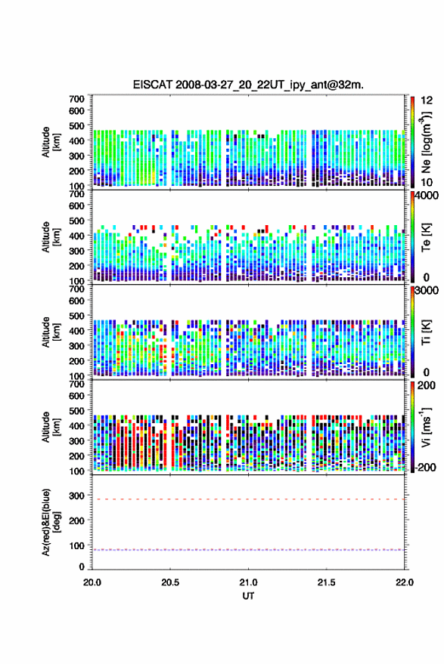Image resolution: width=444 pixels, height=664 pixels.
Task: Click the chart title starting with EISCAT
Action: click(x=248, y=85)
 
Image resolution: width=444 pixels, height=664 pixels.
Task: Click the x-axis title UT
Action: click(x=248, y=596)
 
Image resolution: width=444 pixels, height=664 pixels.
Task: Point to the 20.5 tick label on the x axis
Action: click(x=170, y=582)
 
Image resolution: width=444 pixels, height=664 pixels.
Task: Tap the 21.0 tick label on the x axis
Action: click(x=248, y=582)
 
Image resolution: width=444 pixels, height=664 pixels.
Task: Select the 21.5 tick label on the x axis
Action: click(x=326, y=582)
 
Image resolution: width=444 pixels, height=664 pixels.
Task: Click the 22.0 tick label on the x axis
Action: click(x=404, y=582)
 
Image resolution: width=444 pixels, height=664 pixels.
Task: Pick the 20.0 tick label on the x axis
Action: click(x=92, y=582)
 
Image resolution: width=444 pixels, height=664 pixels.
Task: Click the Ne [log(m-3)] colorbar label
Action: click(x=426, y=142)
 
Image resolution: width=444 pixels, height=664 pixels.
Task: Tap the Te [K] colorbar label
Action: click(x=426, y=237)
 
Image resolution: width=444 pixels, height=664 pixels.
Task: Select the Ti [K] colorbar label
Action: click(x=426, y=332)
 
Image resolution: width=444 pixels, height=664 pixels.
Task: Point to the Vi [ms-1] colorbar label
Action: click(x=425, y=427)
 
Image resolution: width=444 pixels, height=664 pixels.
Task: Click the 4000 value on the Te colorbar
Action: click(x=427, y=196)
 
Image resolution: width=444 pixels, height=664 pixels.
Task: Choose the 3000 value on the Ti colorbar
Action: click(x=427, y=291)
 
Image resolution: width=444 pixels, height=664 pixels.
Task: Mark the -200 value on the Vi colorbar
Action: click(x=425, y=467)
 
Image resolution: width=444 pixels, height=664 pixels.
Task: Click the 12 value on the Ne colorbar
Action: click(x=427, y=100)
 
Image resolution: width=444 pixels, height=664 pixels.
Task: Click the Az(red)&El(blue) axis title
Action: click(x=51, y=522)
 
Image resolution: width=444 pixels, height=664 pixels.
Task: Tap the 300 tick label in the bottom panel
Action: click(x=76, y=496)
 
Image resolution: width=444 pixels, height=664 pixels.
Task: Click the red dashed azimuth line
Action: click(x=248, y=499)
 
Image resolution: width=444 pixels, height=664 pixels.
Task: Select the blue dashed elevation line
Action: click(x=248, y=550)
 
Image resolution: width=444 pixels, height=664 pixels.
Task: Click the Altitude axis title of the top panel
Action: click(x=51, y=142)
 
